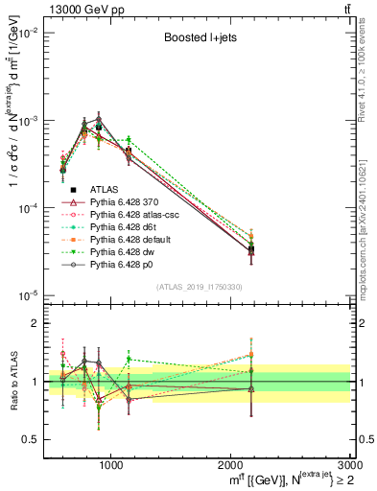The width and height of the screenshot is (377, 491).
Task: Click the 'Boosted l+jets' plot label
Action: coord(196,39)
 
